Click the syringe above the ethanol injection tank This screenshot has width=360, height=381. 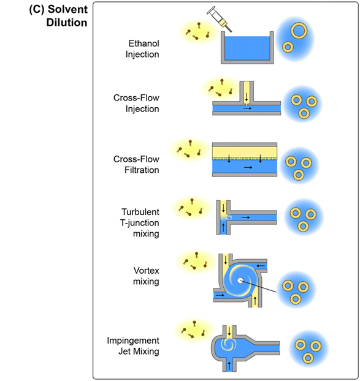click(219, 19)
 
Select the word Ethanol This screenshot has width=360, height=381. click(144, 43)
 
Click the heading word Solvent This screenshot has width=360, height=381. click(67, 9)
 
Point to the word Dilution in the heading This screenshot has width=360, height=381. click(67, 23)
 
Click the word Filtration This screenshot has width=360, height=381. click(142, 170)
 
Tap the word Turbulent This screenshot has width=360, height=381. click(140, 212)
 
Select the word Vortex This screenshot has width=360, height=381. click(146, 271)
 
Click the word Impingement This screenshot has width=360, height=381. click(133, 341)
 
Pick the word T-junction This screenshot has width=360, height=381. click(140, 223)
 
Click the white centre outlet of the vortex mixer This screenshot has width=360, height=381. click(240, 281)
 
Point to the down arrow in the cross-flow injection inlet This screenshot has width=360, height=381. click(247, 97)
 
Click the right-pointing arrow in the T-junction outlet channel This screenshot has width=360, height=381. click(245, 217)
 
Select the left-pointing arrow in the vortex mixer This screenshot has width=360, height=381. click(261, 266)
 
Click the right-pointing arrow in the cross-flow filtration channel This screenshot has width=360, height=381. click(248, 167)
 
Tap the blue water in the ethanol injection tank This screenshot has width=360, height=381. click(247, 48)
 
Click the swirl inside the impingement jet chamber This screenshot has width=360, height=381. click(228, 344)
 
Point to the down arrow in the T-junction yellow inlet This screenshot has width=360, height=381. click(223, 208)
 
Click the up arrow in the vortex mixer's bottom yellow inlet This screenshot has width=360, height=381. click(255, 301)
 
